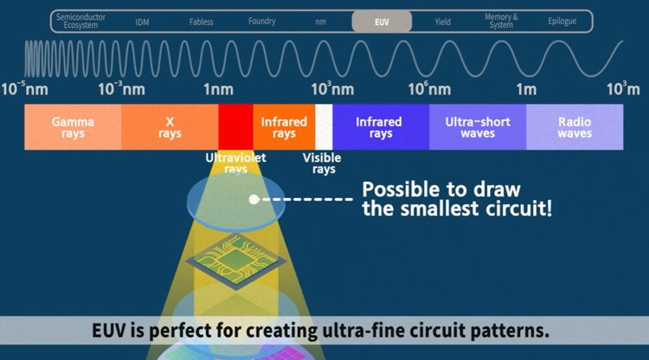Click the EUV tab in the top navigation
tap(382, 22)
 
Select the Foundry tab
tap(261, 22)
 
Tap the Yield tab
tap(442, 22)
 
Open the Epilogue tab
tap(562, 22)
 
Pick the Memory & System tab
tap(501, 22)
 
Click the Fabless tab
tap(202, 22)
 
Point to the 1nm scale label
tap(218, 89)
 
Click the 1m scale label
tap(526, 89)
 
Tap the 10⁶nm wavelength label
tap(430, 89)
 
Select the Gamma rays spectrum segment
tap(73, 127)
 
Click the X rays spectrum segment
tap(170, 127)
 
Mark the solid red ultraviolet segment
tap(235, 127)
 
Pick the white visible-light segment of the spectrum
tap(324, 127)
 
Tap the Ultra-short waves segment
tap(477, 127)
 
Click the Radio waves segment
tap(575, 127)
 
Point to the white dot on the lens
tap(254, 199)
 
